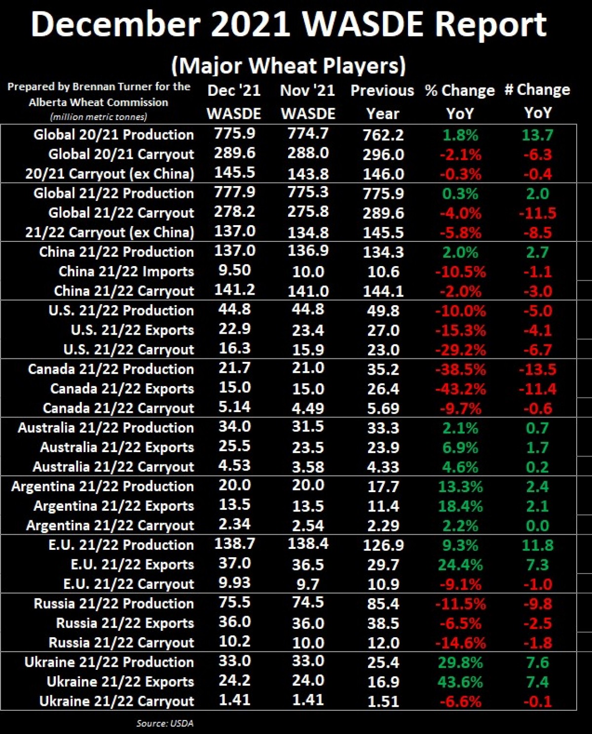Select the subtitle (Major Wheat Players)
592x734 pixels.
coord(288,66)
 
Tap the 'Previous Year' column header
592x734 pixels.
coord(382,102)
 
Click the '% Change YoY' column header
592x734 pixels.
coord(460,102)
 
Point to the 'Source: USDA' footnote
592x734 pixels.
coord(165,723)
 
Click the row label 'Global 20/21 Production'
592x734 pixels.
coord(113,135)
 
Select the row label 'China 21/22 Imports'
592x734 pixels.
coord(126,271)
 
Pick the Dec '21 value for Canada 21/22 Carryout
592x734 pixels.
coord(235,407)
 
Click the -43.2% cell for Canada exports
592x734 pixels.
coord(460,389)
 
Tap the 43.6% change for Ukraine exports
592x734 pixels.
coord(460,682)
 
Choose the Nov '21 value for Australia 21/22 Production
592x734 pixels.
coord(308,427)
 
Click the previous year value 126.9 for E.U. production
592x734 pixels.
coord(383,545)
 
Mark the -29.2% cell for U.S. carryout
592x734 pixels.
coord(460,350)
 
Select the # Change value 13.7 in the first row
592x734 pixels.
coord(537,135)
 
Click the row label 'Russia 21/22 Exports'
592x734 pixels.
coord(125,623)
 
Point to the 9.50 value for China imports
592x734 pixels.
coord(235,270)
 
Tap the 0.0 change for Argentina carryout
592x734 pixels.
coord(537,526)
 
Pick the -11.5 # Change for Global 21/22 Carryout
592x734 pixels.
coord(537,213)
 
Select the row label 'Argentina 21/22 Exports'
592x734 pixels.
coord(113,506)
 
